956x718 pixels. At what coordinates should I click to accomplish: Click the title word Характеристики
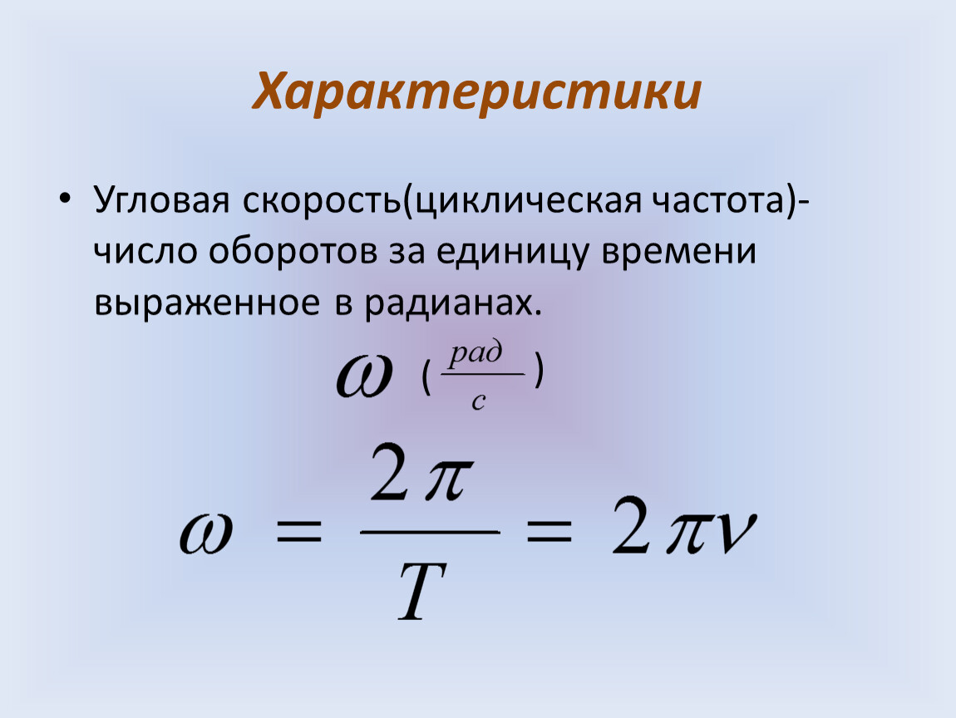[477, 92]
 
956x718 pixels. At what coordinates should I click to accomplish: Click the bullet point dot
[65, 200]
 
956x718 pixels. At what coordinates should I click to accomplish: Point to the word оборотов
[293, 250]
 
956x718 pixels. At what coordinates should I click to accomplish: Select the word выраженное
[207, 303]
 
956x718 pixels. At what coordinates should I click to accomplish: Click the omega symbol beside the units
[363, 376]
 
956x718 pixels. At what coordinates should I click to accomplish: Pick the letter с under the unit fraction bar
[479, 401]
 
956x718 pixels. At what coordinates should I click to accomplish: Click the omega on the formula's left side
[206, 533]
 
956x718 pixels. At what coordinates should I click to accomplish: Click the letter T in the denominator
[423, 590]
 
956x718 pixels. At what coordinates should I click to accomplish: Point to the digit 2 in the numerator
[388, 472]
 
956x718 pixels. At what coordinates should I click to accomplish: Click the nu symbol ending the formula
[736, 534]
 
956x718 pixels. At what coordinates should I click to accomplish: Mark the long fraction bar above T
[430, 532]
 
